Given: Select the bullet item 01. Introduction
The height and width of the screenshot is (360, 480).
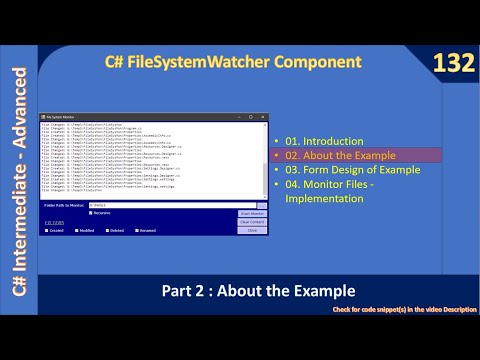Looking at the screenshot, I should (x=318, y=142).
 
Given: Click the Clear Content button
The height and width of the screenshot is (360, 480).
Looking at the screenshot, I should (x=253, y=222).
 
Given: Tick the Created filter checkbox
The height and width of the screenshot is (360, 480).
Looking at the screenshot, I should (x=48, y=230).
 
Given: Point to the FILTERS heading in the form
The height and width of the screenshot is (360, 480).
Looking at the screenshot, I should (x=55, y=221).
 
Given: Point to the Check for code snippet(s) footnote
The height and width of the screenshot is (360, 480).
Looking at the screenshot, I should (x=404, y=311).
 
